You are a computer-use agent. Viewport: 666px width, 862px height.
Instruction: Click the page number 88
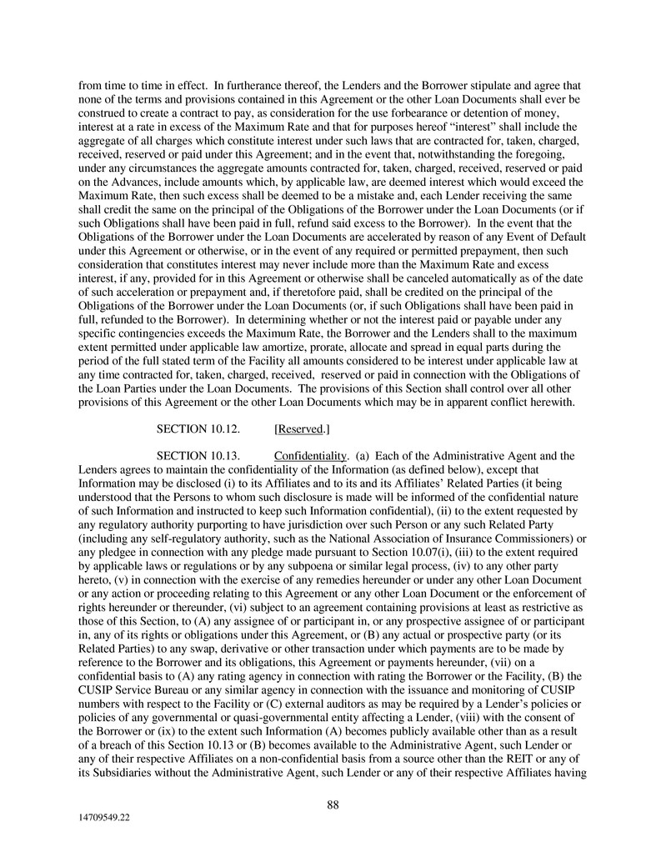point(333,804)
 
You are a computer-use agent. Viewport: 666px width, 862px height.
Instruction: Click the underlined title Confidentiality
point(310,456)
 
